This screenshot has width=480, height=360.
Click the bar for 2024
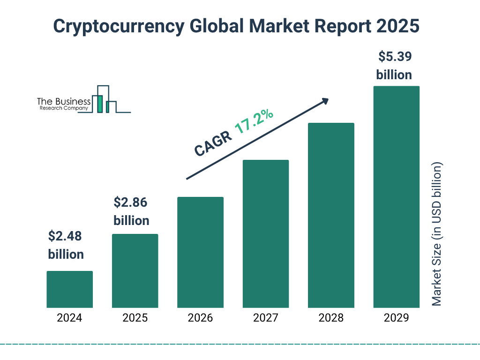pyautogui.click(x=69, y=289)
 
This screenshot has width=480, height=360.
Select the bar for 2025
pyautogui.click(x=135, y=271)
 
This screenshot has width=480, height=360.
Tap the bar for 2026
pyautogui.click(x=200, y=252)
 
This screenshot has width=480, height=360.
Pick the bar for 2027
pyautogui.click(x=265, y=234)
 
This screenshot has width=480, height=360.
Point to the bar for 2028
pyautogui.click(x=331, y=215)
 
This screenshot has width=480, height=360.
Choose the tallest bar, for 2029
pyautogui.click(x=396, y=197)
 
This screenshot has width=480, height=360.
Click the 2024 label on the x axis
pyautogui.click(x=69, y=318)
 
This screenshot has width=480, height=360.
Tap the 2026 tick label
pyautogui.click(x=200, y=318)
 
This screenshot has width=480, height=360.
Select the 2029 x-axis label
pyautogui.click(x=396, y=318)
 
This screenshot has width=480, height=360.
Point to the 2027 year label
pyautogui.click(x=265, y=318)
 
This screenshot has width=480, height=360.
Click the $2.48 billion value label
pyautogui.click(x=66, y=245)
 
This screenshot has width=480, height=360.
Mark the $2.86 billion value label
pyautogui.click(x=131, y=211)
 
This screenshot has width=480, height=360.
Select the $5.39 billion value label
pyautogui.click(x=394, y=66)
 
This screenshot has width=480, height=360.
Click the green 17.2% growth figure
pyautogui.click(x=254, y=121)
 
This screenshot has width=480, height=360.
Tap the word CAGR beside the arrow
pyautogui.click(x=212, y=143)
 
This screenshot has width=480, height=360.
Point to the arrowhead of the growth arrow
pyautogui.click(x=324, y=101)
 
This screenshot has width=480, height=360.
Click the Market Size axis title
pyautogui.click(x=437, y=234)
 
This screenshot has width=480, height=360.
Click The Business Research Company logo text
pyautogui.click(x=64, y=104)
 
